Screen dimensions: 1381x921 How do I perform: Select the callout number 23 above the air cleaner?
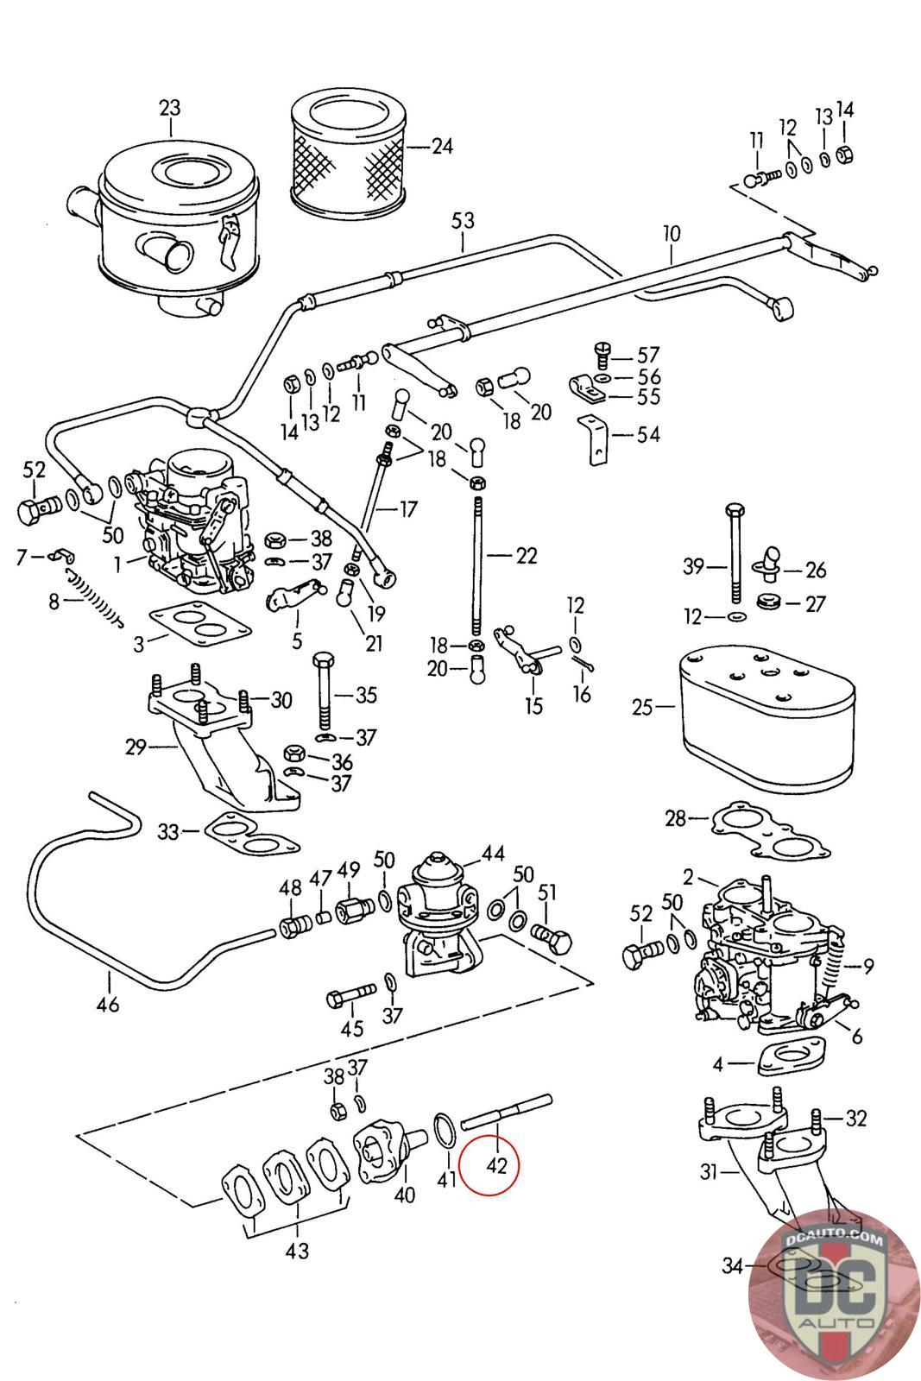tap(170, 108)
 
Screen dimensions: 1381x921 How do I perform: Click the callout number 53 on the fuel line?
tap(464, 220)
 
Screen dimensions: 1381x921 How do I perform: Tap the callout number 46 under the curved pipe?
tap(109, 1004)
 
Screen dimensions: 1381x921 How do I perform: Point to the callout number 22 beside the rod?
tap(527, 556)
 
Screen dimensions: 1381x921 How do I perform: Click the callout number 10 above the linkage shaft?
tap(672, 232)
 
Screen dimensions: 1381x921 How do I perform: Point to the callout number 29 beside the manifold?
tap(136, 747)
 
